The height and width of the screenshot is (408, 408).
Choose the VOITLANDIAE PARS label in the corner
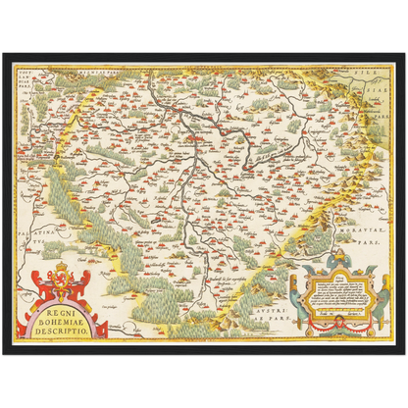point(28,76)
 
